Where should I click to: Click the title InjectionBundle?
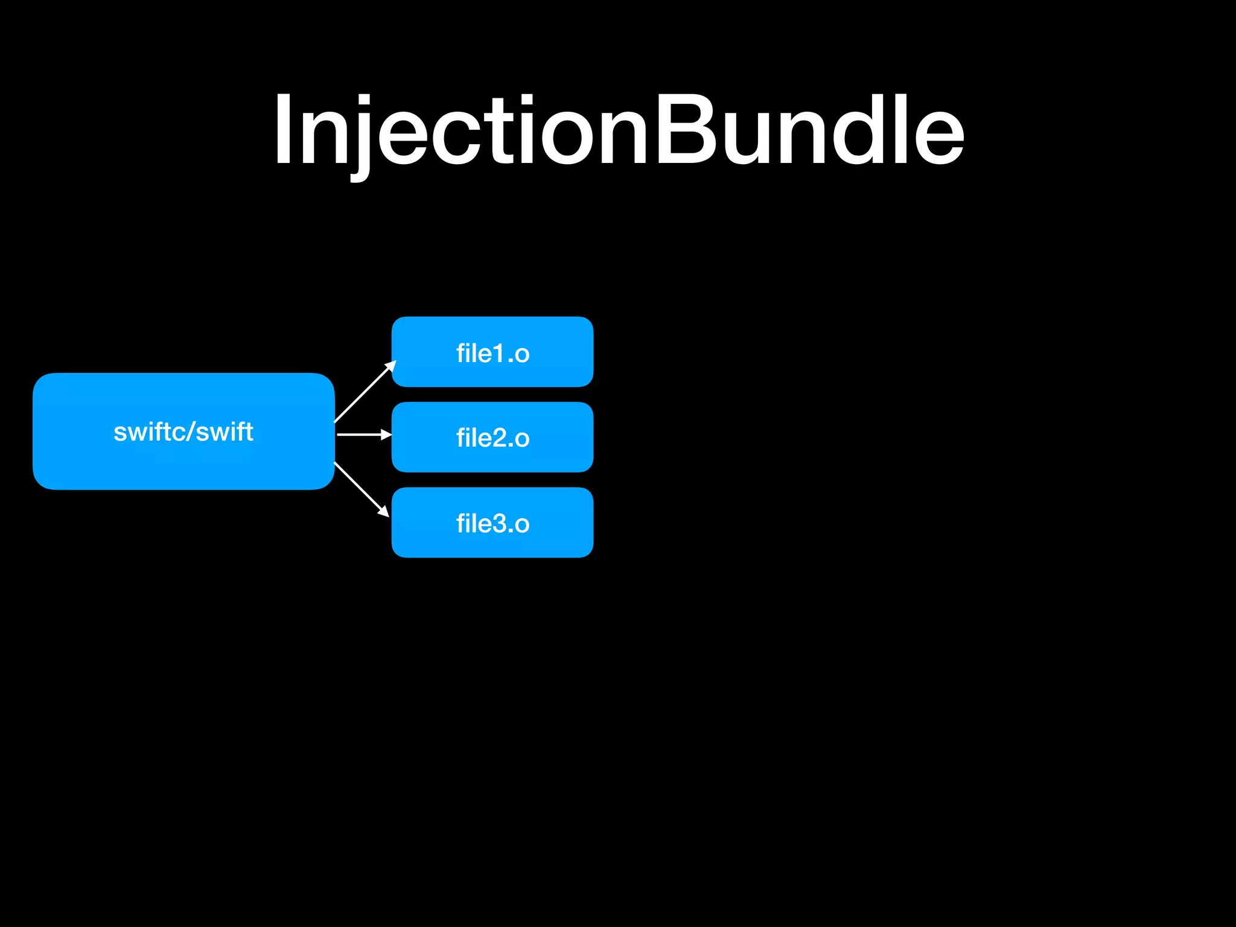point(618,130)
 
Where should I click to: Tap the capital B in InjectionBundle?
point(684,130)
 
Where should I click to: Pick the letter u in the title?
point(746,139)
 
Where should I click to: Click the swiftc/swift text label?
point(183,432)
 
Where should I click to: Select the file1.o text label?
point(492,354)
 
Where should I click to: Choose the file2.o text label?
point(492,438)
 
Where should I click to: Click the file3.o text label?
point(492,524)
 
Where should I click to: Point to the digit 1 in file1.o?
point(499,354)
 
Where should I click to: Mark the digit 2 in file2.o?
point(499,438)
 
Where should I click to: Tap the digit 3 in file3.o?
point(499,524)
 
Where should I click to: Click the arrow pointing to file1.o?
point(365,392)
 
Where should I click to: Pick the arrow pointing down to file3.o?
point(361,489)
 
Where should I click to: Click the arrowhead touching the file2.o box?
point(386,435)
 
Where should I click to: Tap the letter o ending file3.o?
point(522,525)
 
